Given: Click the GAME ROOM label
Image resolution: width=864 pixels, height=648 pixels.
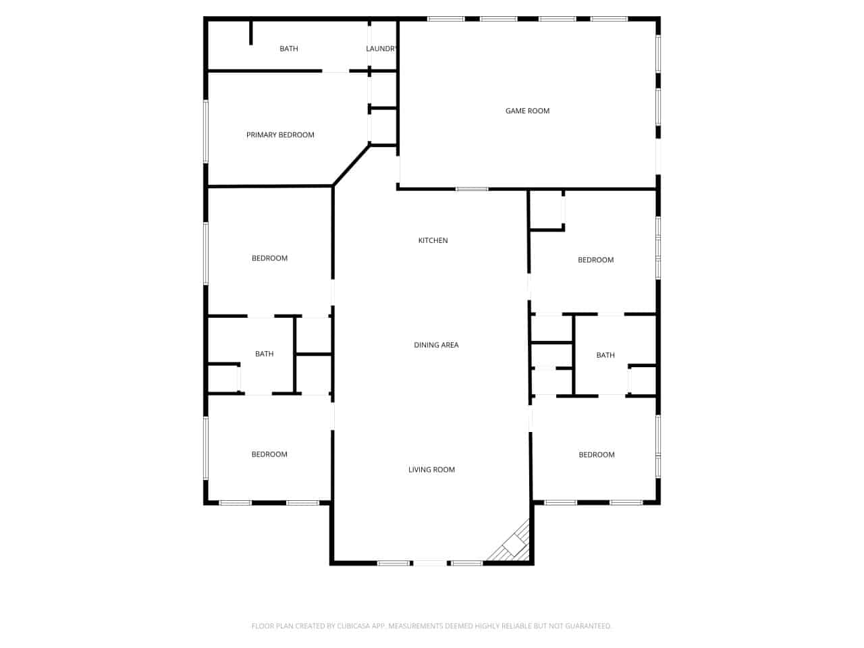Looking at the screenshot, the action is pyautogui.click(x=527, y=111).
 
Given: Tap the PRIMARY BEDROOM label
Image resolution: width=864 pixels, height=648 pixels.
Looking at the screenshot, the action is pyautogui.click(x=280, y=135).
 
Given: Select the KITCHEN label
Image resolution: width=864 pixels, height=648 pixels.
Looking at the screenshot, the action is pyautogui.click(x=433, y=240).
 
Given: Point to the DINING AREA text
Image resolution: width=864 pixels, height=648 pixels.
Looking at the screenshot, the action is pyautogui.click(x=436, y=345).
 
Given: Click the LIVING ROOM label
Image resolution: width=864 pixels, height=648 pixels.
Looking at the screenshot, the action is pyautogui.click(x=431, y=469).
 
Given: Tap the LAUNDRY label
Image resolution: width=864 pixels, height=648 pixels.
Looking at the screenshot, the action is pyautogui.click(x=380, y=49).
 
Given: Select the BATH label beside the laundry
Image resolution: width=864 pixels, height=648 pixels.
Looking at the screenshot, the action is pyautogui.click(x=288, y=49).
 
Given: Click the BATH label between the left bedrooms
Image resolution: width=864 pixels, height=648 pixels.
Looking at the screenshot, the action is pyautogui.click(x=264, y=354).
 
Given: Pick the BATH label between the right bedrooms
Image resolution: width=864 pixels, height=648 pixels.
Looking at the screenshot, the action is pyautogui.click(x=605, y=355).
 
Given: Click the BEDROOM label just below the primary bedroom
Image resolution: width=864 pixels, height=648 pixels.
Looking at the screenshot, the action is pyautogui.click(x=269, y=258).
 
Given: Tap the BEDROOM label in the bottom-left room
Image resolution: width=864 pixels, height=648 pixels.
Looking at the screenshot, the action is pyautogui.click(x=269, y=454).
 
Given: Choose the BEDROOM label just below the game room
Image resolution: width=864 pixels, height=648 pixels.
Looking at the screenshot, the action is pyautogui.click(x=595, y=260).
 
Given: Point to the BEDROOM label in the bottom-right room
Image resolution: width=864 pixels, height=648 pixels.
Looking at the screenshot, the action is pyautogui.click(x=596, y=455).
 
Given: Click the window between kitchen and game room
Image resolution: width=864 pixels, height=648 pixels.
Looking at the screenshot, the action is pyautogui.click(x=472, y=189).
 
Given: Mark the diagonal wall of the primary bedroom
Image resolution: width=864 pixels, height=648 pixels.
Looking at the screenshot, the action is pyautogui.click(x=352, y=165).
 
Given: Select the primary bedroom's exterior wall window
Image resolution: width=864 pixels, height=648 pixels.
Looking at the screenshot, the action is pyautogui.click(x=205, y=132).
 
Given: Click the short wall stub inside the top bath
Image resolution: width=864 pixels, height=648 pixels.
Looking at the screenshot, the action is pyautogui.click(x=250, y=32).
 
